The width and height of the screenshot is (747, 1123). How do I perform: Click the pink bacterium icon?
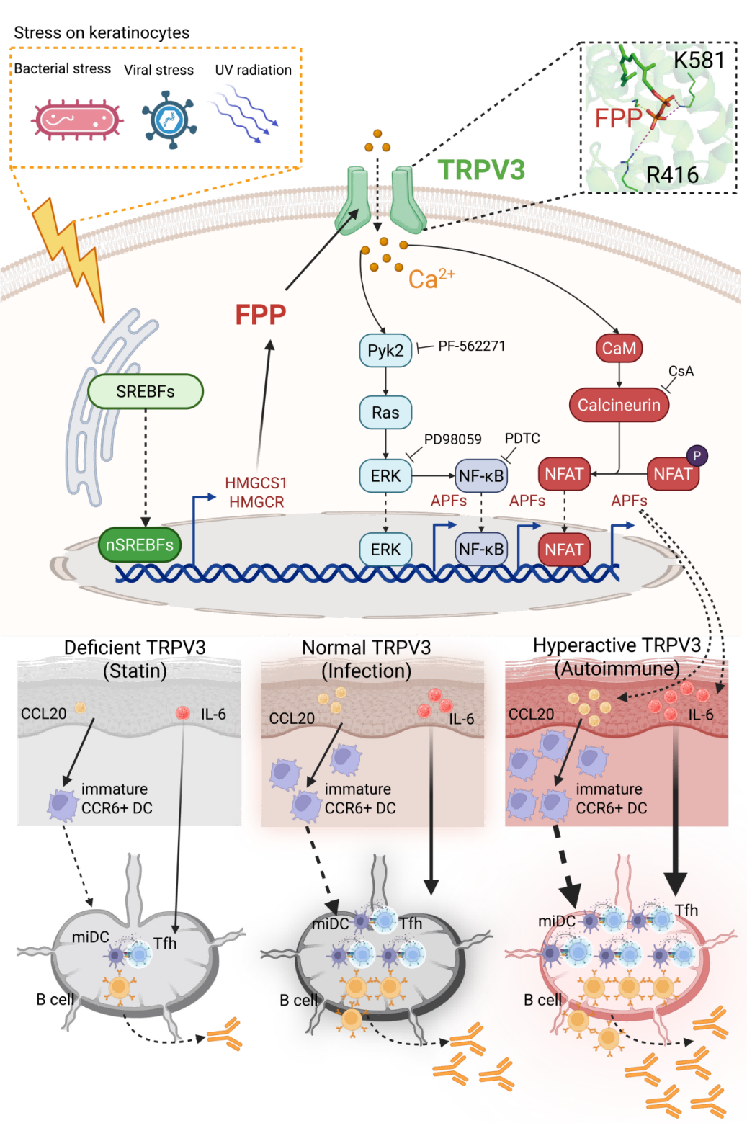pyautogui.click(x=76, y=120)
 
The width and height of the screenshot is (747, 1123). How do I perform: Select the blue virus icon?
pyautogui.click(x=169, y=120)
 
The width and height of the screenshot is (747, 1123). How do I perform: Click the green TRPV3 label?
pyautogui.click(x=481, y=170)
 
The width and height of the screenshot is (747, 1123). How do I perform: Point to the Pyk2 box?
pyautogui.click(x=385, y=351)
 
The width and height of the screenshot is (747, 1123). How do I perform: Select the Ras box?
pyautogui.click(x=385, y=413)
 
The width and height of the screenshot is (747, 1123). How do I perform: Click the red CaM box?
pyautogui.click(x=619, y=349)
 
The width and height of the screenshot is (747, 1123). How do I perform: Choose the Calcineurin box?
pyautogui.click(x=619, y=405)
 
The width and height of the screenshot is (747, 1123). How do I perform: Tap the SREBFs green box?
pyautogui.click(x=146, y=391)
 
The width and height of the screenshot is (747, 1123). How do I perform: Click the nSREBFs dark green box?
pyautogui.click(x=140, y=545)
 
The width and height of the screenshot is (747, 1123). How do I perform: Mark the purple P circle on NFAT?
pyautogui.click(x=697, y=455)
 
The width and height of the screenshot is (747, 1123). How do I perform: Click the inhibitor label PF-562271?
pyautogui.click(x=472, y=346)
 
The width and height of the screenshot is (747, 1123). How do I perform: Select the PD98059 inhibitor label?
pyautogui.click(x=452, y=439)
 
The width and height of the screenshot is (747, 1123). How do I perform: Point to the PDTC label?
pyautogui.click(x=522, y=439)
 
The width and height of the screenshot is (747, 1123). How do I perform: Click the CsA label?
pyautogui.click(x=681, y=371)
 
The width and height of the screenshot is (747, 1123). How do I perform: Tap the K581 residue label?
pyautogui.click(x=699, y=60)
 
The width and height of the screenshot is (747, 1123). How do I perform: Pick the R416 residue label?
pyautogui.click(x=672, y=175)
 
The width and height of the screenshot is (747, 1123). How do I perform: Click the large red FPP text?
pyautogui.click(x=261, y=315)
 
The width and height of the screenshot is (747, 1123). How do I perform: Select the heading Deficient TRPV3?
pyautogui.click(x=135, y=648)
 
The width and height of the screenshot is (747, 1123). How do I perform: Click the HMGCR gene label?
pyautogui.click(x=256, y=502)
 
